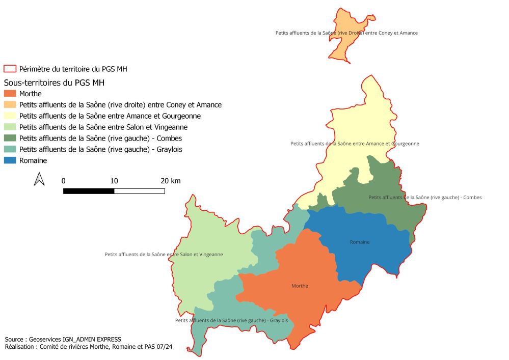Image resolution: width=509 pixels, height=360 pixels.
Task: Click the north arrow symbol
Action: click(x=39, y=179)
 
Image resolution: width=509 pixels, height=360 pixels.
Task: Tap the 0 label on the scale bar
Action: click(x=63, y=181)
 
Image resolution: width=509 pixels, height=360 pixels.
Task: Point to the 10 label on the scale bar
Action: click(x=114, y=181)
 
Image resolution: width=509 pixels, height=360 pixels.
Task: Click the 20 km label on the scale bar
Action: click(x=170, y=181)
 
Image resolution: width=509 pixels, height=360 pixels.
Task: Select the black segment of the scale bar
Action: click(x=89, y=191)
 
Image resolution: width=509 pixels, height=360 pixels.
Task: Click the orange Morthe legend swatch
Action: click(x=10, y=94)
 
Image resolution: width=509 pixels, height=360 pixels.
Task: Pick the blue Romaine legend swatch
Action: click(x=10, y=160)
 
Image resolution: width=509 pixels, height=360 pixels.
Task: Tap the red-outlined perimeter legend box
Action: click(x=10, y=69)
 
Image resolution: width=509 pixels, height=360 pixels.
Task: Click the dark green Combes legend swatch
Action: click(x=10, y=138)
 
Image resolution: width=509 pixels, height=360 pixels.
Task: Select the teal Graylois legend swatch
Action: click(x=10, y=149)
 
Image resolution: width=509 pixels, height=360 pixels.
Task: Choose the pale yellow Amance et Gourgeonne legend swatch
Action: click(x=10, y=116)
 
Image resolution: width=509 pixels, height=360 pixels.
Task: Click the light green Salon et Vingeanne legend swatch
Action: click(x=10, y=127)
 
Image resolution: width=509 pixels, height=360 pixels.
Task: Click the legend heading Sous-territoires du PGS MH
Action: click(x=58, y=82)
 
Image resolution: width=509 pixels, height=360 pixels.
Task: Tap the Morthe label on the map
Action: click(x=300, y=286)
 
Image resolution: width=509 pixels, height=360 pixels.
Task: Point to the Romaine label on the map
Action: click(x=360, y=242)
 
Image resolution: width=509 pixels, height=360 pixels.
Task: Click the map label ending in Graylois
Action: click(x=231, y=320)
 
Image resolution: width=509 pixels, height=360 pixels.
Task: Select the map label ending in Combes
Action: click(x=424, y=197)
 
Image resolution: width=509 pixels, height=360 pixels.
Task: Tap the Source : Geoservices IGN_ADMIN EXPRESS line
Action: click(x=63, y=339)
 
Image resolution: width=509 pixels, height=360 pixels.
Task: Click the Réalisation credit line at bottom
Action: click(x=88, y=347)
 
